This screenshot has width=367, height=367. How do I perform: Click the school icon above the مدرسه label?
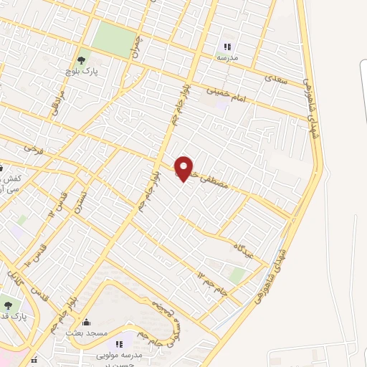coord(227,47)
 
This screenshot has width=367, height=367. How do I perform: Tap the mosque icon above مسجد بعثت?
coord(87,322)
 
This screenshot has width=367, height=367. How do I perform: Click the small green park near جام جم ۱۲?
coord(237,275)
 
